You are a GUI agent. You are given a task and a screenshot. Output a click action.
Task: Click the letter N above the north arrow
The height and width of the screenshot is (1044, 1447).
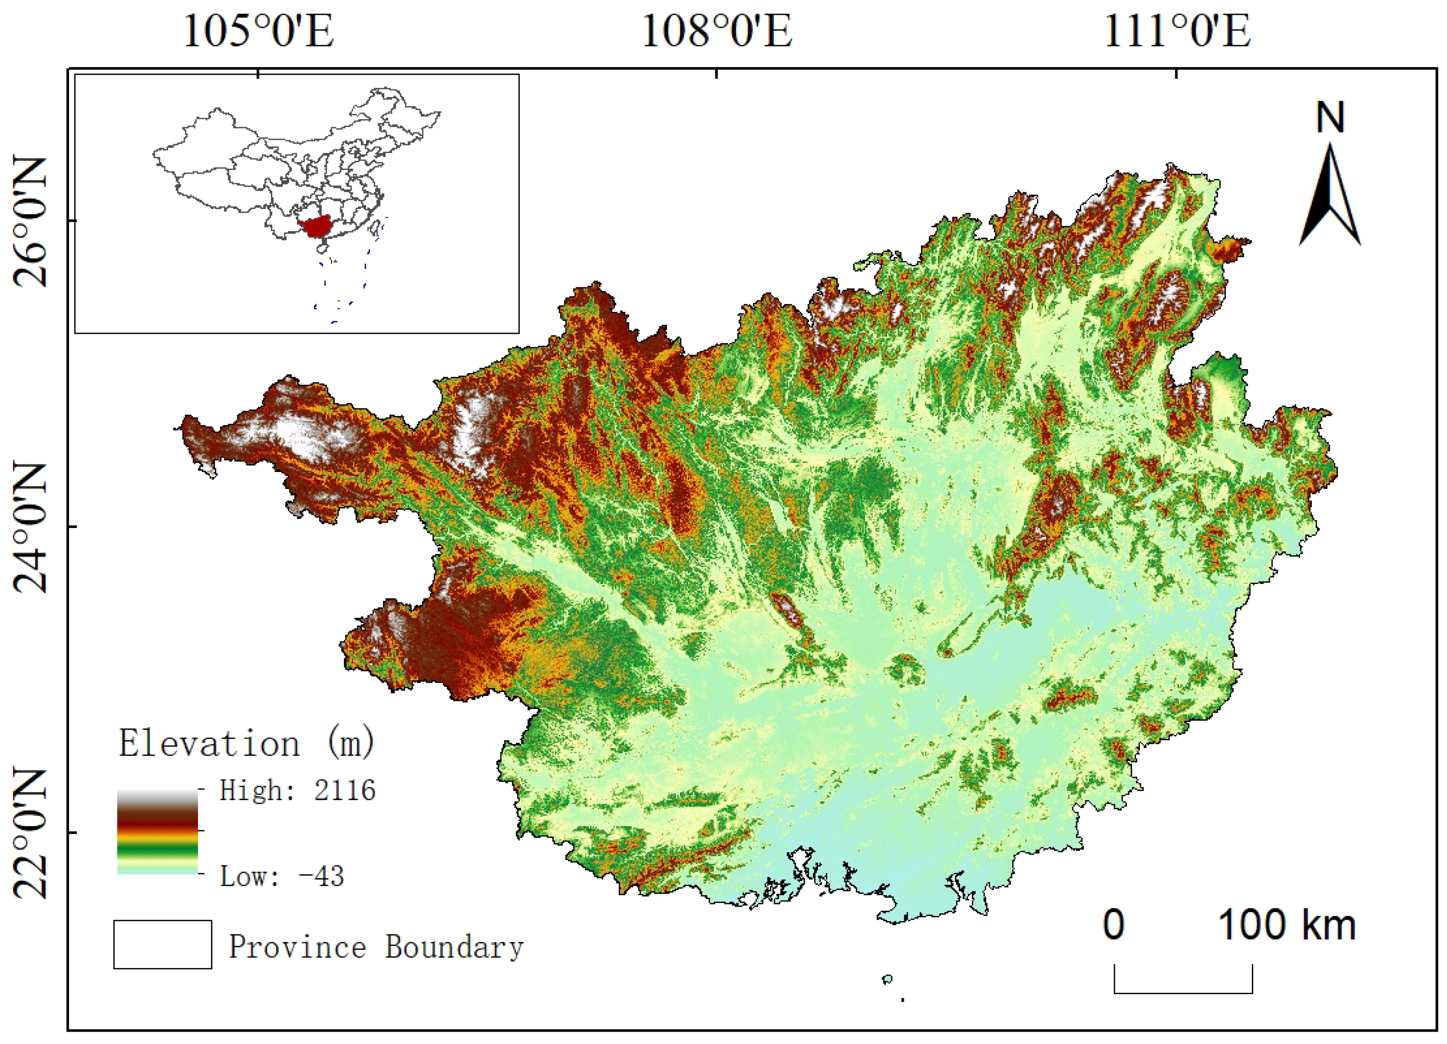point(1330,119)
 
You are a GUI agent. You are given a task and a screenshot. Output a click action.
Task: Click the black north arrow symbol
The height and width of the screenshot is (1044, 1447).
point(1330,198)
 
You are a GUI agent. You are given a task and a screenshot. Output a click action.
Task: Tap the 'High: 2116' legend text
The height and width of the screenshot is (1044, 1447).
point(297,791)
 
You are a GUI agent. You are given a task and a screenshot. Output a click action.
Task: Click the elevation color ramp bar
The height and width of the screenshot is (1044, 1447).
point(157,832)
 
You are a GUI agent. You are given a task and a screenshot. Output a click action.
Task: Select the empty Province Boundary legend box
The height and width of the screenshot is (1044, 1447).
point(163,945)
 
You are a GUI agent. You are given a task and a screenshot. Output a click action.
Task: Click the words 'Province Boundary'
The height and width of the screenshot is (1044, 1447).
point(377,947)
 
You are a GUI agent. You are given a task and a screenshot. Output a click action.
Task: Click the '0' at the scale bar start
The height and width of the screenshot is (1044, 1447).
point(1113,925)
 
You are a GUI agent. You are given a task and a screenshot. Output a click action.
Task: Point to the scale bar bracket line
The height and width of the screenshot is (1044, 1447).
point(1183,992)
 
